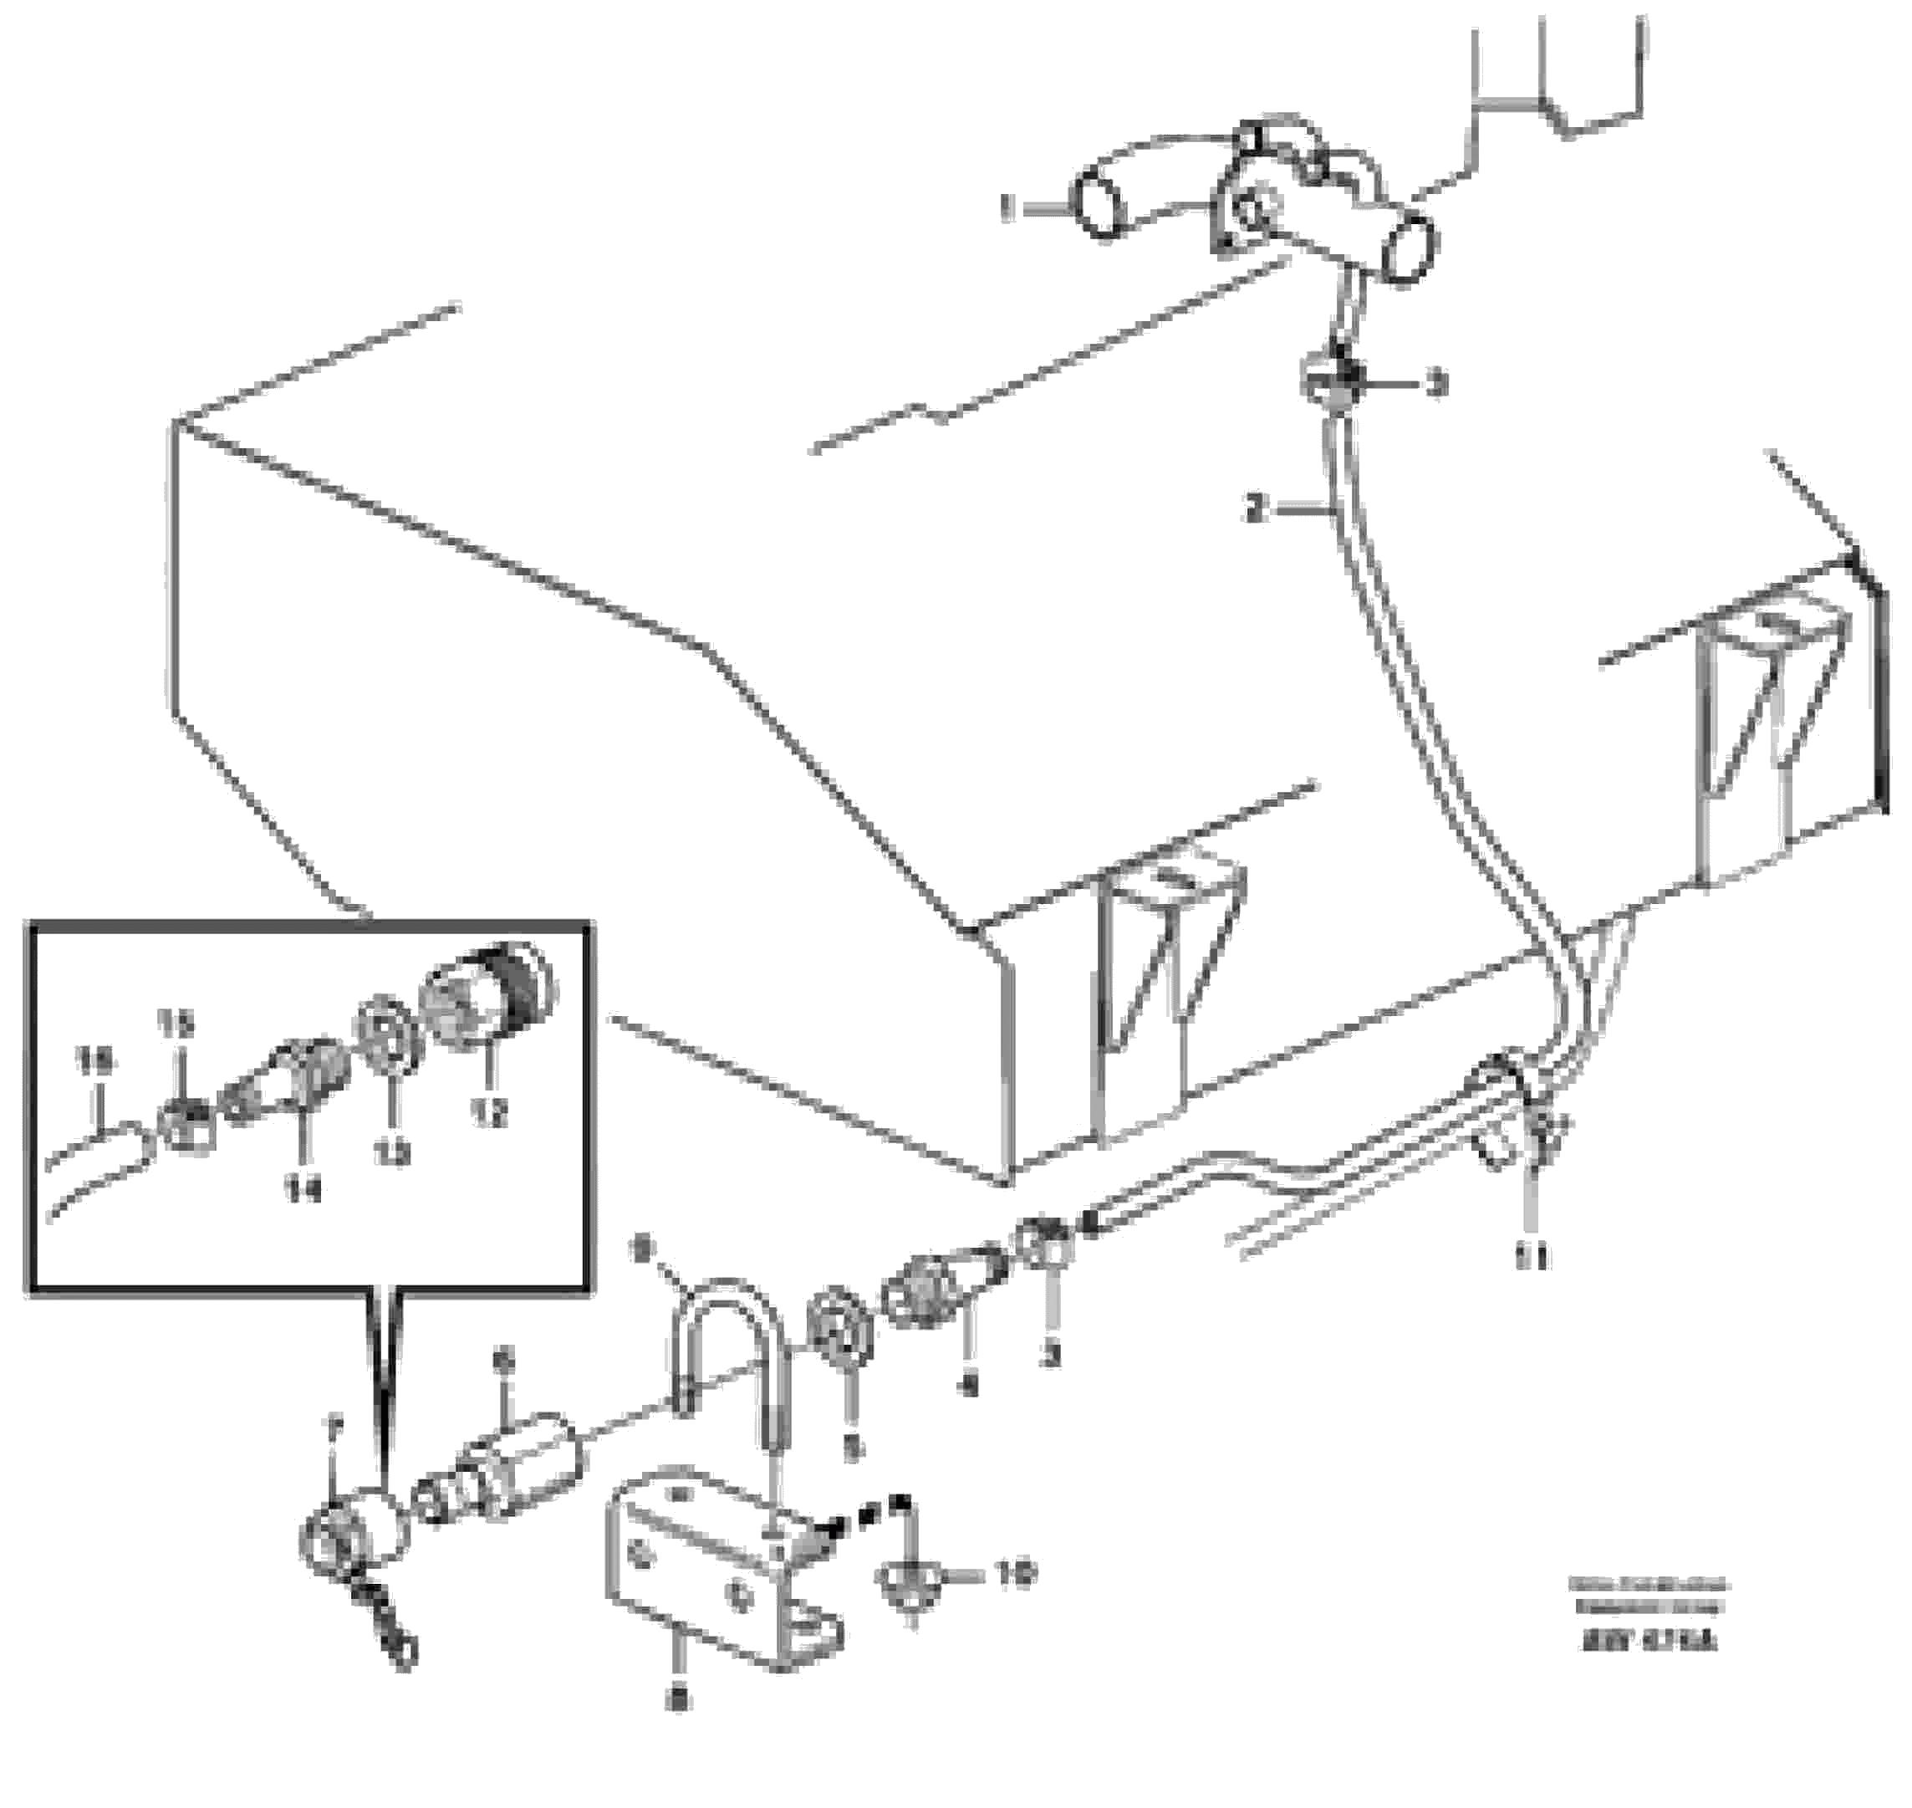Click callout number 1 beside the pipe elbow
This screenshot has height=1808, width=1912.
pyautogui.click(x=1008, y=208)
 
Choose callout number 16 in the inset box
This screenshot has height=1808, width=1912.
pyautogui.click(x=94, y=1062)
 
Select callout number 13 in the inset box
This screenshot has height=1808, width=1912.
pyautogui.click(x=392, y=1152)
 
